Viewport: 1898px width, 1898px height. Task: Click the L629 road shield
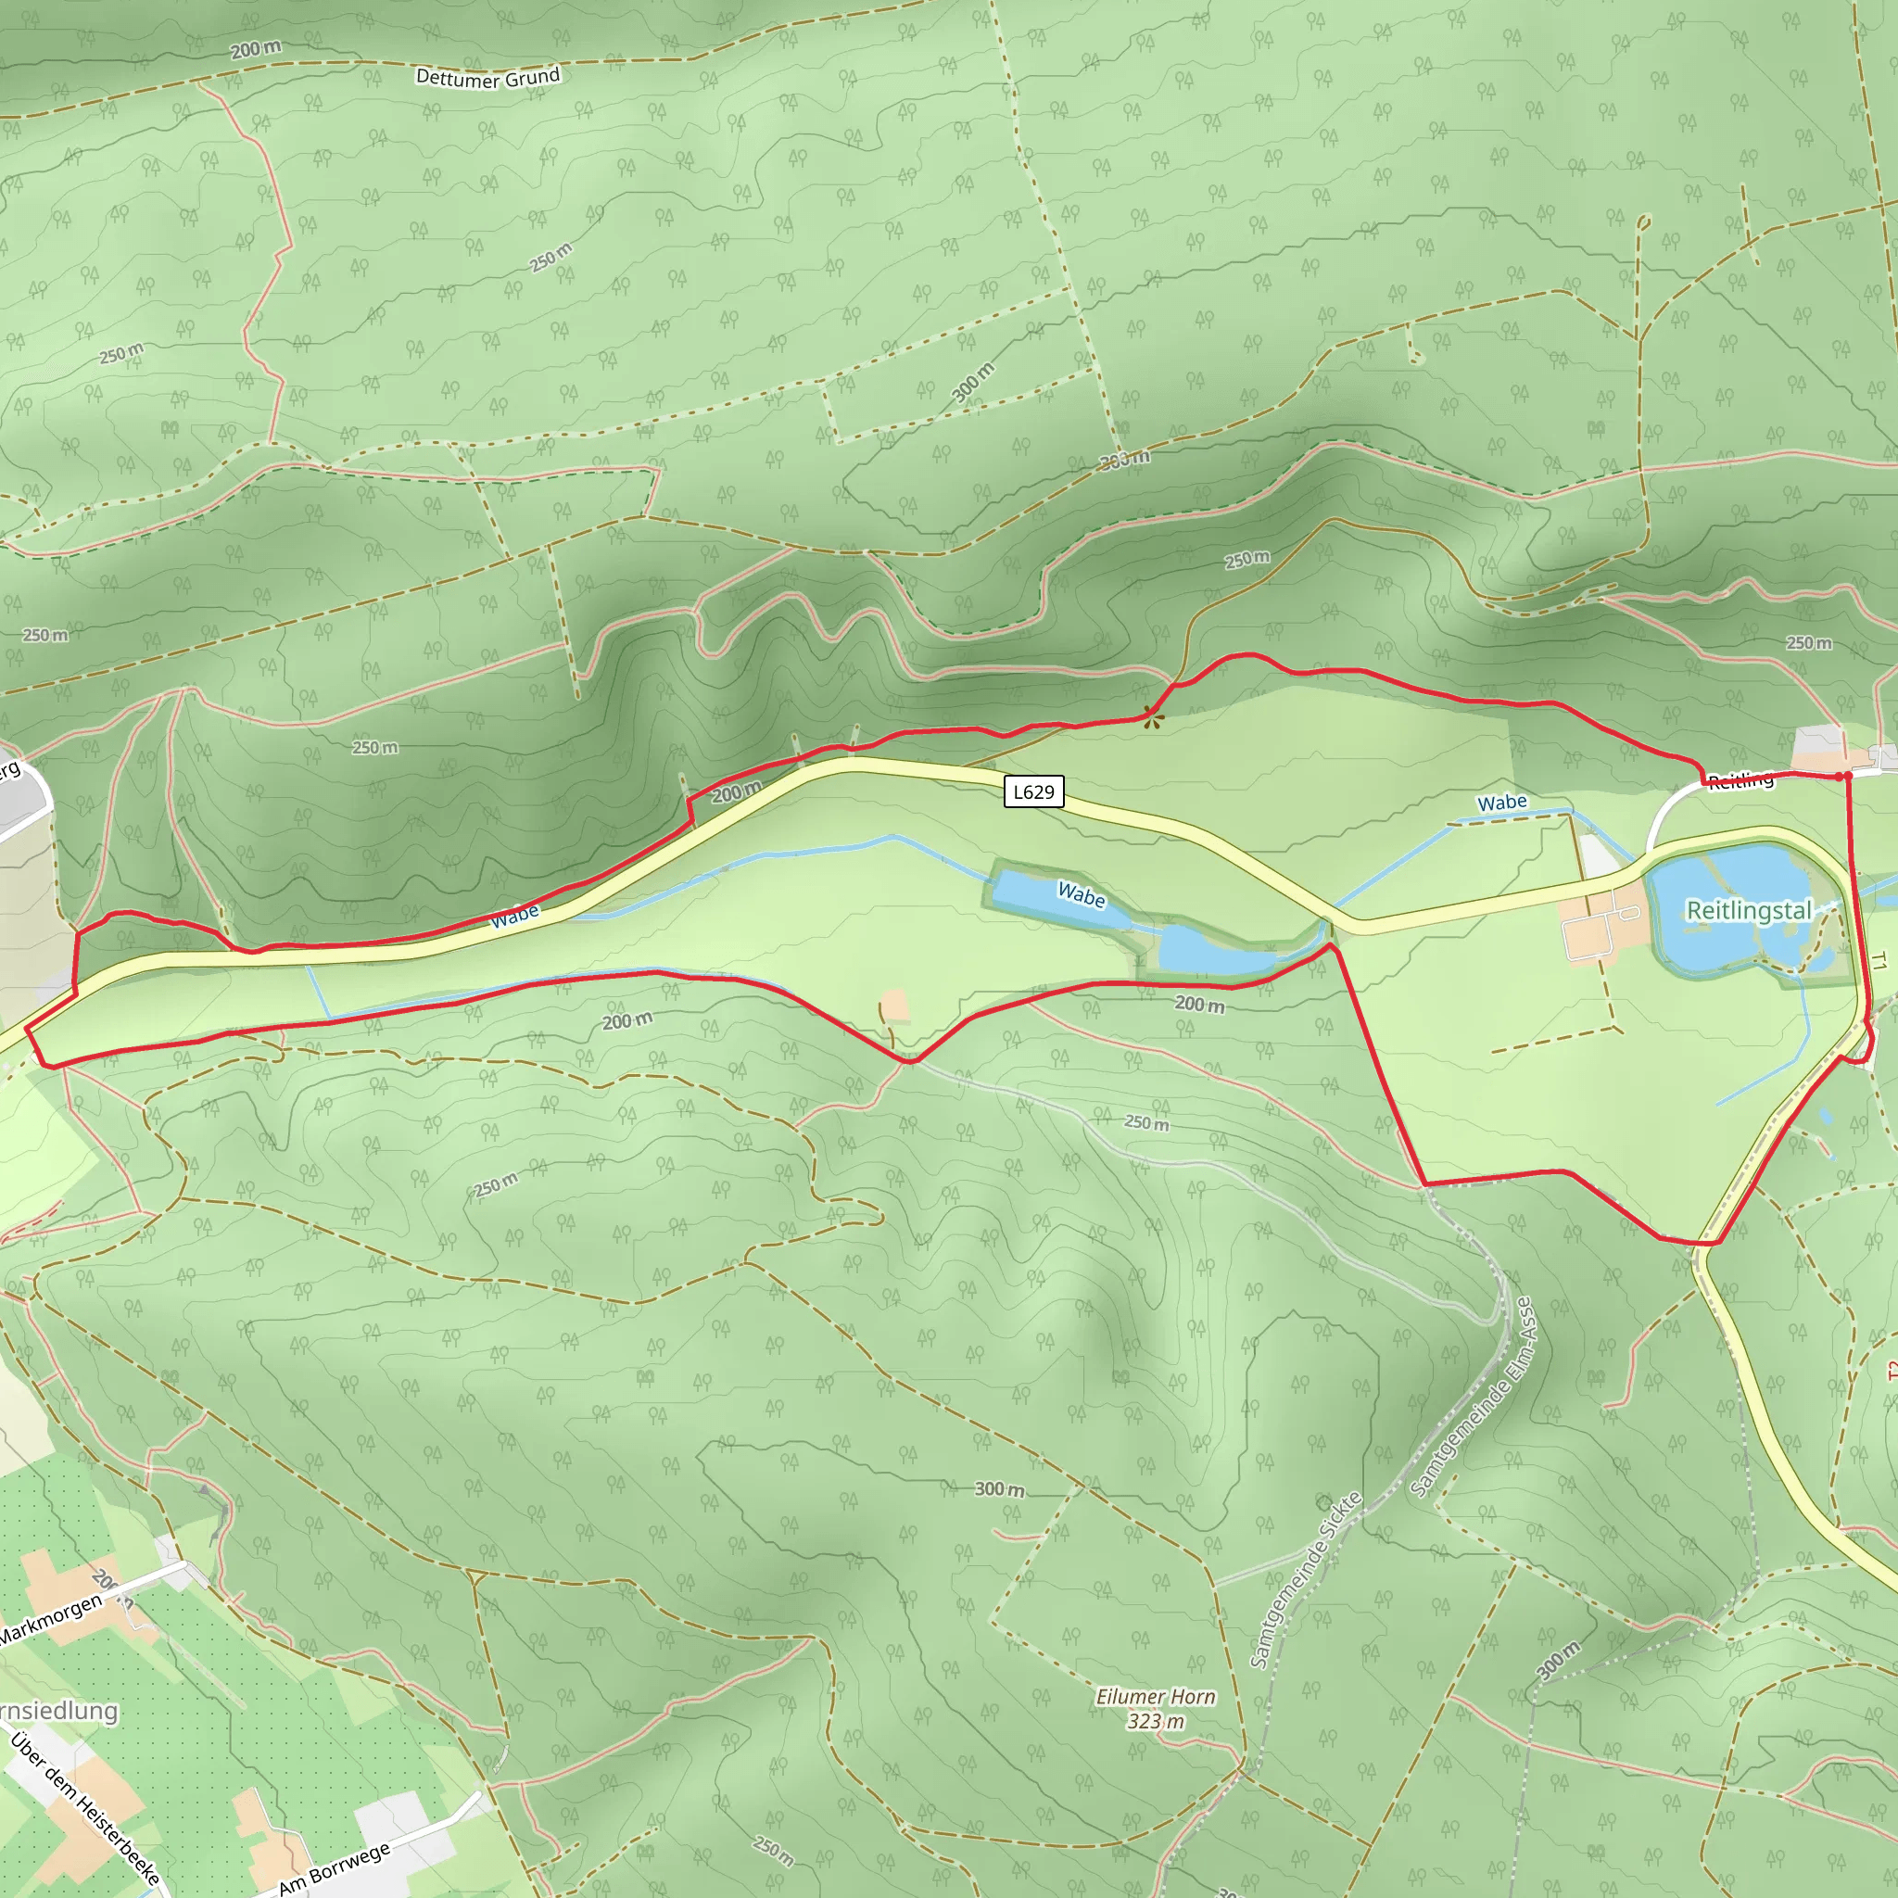[x=1033, y=791]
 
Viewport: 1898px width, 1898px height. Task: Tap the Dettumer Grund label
[x=487, y=78]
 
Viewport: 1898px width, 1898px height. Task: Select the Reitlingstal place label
[x=1749, y=910]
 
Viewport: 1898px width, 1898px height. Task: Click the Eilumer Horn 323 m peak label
[x=1156, y=1708]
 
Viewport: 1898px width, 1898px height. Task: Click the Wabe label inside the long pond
[x=1081, y=894]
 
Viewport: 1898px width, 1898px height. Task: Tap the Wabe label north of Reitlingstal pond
[x=1502, y=803]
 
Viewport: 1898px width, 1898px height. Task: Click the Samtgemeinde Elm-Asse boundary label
[x=1471, y=1398]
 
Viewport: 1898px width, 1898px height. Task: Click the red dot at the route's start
[x=1847, y=776]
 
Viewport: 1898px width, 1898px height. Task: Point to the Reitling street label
[x=1740, y=781]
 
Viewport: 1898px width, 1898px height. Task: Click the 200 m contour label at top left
[x=256, y=49]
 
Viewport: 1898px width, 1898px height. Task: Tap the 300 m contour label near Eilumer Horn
[x=999, y=1489]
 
